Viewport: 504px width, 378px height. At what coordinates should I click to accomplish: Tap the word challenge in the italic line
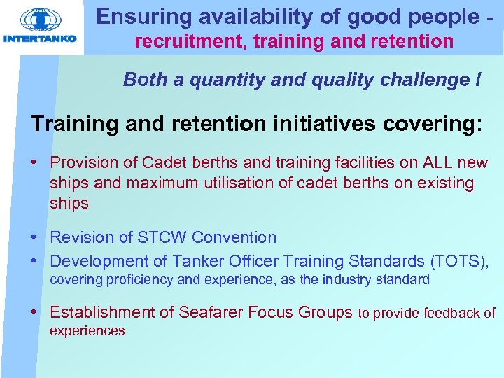coord(433,80)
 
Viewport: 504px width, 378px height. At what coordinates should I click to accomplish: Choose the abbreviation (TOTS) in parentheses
coord(460,262)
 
